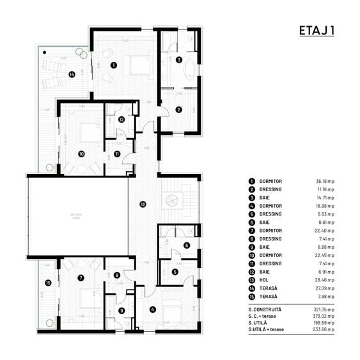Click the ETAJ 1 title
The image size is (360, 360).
click(317, 31)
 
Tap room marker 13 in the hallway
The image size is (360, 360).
click(143, 204)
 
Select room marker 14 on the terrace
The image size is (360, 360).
click(72, 74)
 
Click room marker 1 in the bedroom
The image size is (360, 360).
click(113, 65)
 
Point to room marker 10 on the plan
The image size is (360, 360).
click(81, 153)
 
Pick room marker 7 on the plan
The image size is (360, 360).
click(81, 278)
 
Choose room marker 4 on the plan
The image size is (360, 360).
click(152, 309)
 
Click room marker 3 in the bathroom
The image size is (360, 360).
click(179, 59)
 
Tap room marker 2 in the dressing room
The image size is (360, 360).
click(179, 109)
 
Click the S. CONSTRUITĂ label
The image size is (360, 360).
click(265, 309)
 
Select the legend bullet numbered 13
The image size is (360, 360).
click(251, 279)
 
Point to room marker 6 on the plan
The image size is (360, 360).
click(186, 245)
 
